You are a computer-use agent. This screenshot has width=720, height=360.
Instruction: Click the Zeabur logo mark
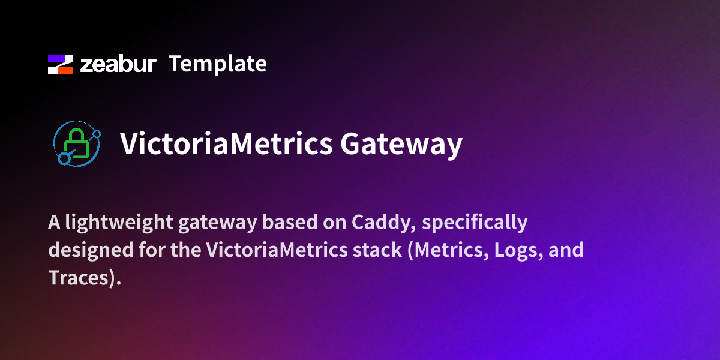point(60,64)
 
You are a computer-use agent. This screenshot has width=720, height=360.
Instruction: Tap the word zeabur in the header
point(119,64)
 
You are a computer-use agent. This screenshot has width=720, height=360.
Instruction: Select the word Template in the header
point(217,64)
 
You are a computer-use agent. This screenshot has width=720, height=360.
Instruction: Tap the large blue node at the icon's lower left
point(64,159)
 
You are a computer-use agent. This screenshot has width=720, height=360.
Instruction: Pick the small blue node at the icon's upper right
point(97,132)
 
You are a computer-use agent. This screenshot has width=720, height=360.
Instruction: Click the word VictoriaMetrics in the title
point(226,145)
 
